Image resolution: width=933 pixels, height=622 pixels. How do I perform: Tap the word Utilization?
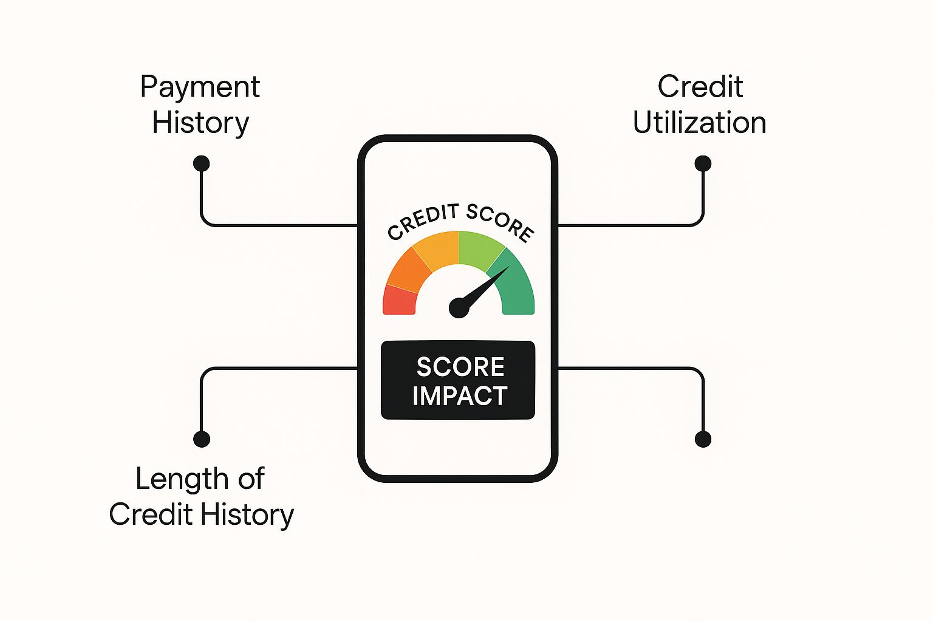pos(700,123)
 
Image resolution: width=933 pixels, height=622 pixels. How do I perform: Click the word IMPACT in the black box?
pos(459,395)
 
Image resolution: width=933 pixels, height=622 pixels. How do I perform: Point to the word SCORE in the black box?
pos(460,367)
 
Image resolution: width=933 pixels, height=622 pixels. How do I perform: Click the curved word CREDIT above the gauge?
pos(422,221)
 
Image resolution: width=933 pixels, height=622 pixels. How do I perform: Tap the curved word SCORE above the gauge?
pos(500,222)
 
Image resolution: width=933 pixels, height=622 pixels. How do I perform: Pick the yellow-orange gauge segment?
pos(438,248)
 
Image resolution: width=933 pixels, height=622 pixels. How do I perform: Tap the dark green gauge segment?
pos(515,283)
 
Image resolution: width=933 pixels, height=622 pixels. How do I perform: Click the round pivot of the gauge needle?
pos(459,308)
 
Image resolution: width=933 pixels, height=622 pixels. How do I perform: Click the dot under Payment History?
pos(201,163)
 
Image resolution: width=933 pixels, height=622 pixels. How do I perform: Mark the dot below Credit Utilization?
pos(703,163)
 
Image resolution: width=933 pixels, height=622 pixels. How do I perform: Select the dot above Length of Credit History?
pos(202,439)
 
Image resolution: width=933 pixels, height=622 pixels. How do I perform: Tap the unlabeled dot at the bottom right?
pos(703,439)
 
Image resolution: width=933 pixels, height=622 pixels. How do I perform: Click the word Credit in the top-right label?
pos(700,87)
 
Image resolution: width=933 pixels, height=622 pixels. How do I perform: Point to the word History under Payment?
pos(200,124)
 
